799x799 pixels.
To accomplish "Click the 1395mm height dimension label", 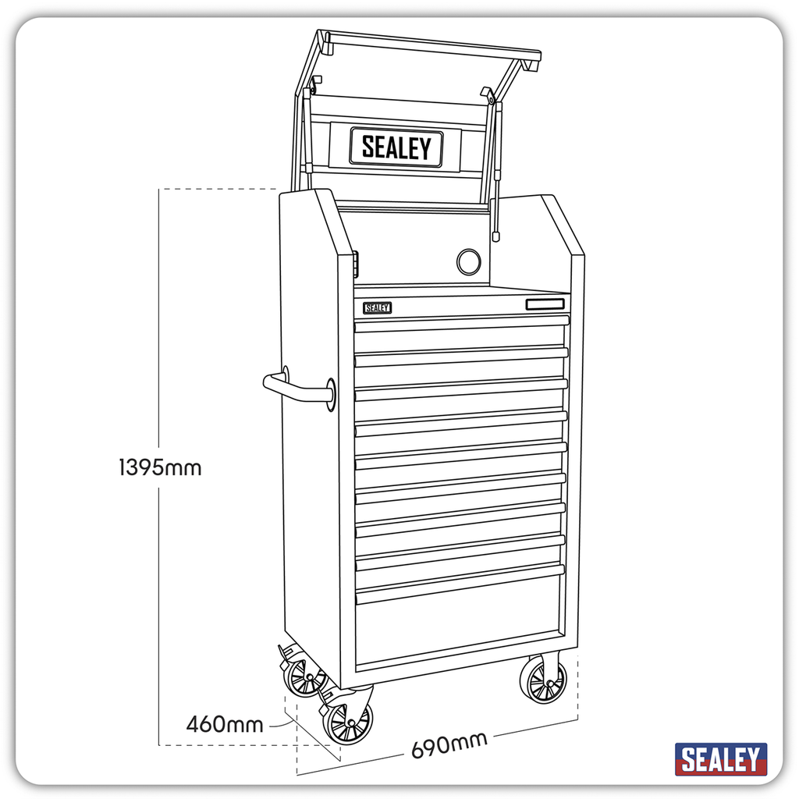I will click(160, 467).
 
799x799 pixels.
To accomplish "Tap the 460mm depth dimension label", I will click(225, 724).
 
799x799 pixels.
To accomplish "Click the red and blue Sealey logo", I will click(720, 758).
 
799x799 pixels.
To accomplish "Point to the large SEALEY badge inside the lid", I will click(396, 147).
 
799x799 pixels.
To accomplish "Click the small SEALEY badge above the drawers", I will click(377, 308).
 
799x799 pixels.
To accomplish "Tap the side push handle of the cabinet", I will click(295, 389).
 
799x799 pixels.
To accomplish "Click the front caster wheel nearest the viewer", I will click(347, 722).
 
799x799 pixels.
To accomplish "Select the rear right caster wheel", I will click(543, 681).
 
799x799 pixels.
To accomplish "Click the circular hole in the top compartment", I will click(468, 261).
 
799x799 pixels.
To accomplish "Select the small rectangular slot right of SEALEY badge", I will click(545, 304).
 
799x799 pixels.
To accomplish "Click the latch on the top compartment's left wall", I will click(355, 262).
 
